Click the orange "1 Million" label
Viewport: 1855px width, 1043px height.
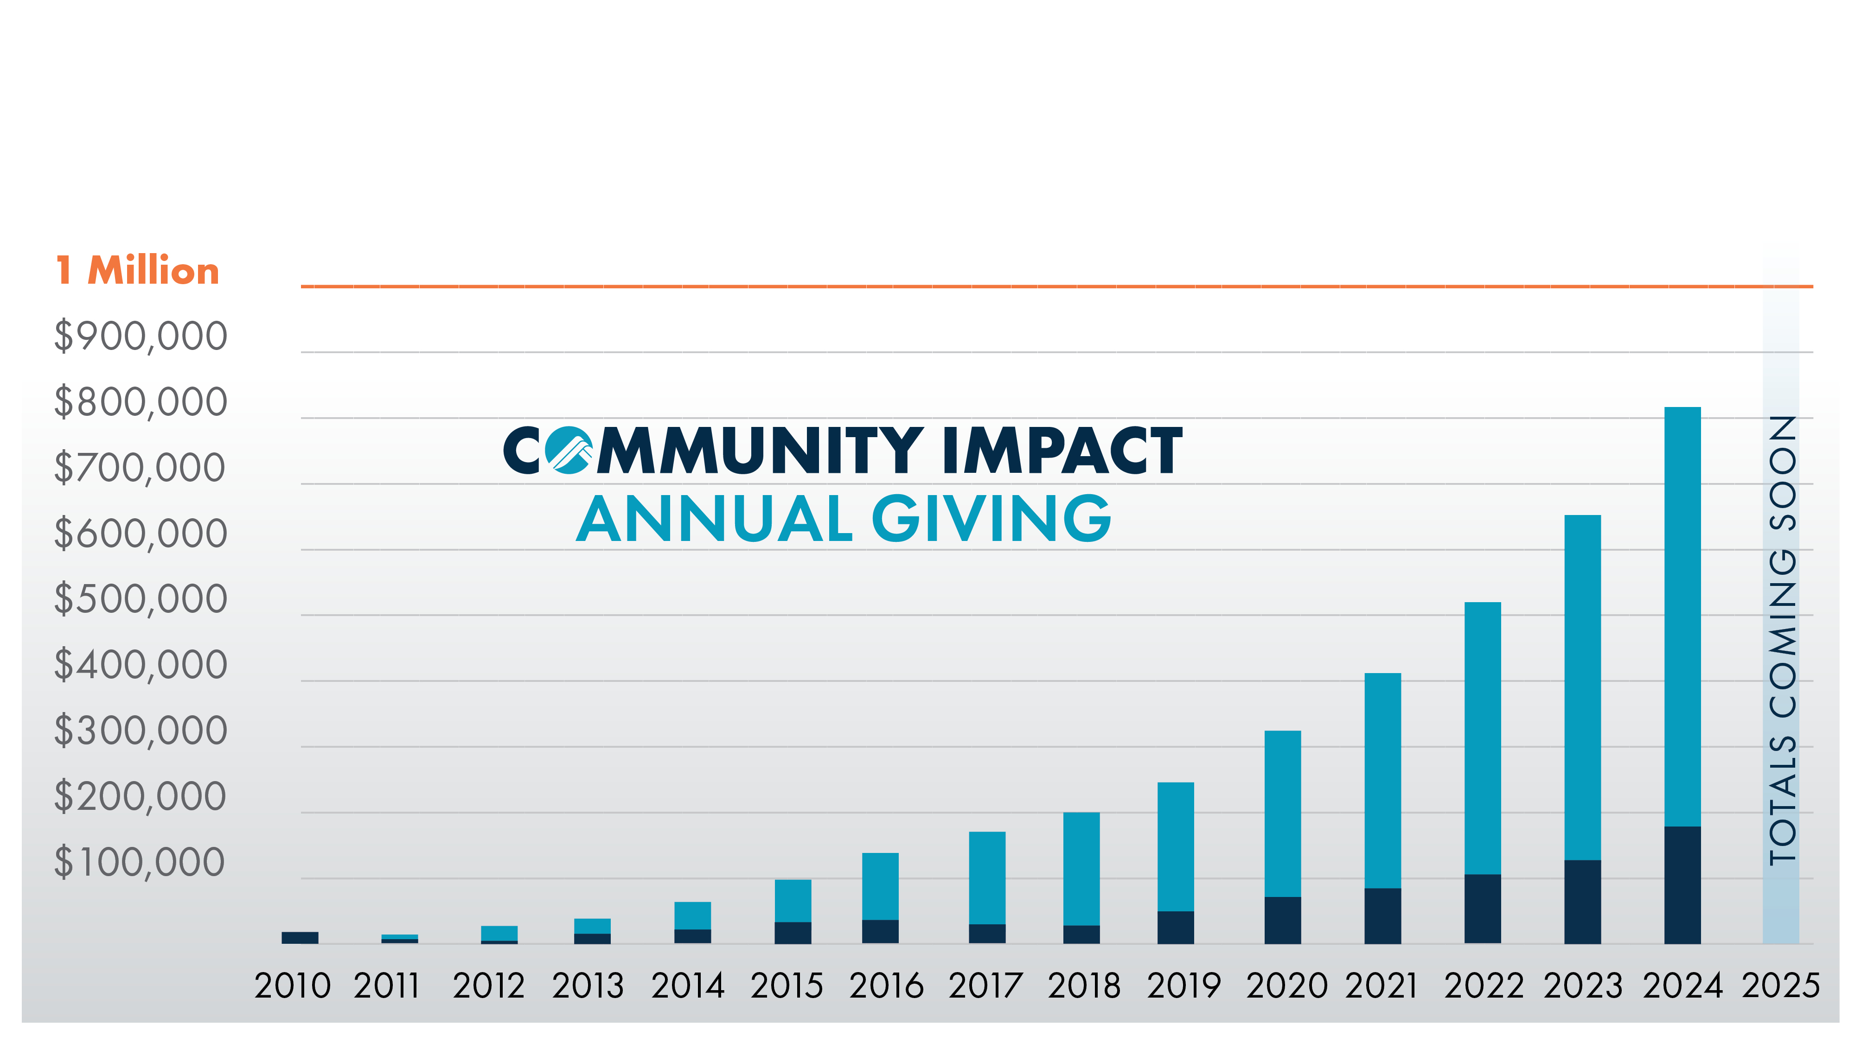click(138, 271)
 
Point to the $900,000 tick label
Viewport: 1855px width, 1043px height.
click(141, 336)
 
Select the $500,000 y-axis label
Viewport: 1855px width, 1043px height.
click(141, 599)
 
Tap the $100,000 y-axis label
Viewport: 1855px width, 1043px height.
click(139, 862)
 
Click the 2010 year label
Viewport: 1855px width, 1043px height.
click(292, 986)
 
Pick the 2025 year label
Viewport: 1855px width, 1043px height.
click(1780, 986)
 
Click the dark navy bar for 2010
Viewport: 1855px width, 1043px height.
click(300, 937)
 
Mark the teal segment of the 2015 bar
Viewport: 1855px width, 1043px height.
click(793, 901)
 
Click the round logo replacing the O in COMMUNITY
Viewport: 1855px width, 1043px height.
click(568, 450)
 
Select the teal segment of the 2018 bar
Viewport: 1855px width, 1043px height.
click(1081, 869)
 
